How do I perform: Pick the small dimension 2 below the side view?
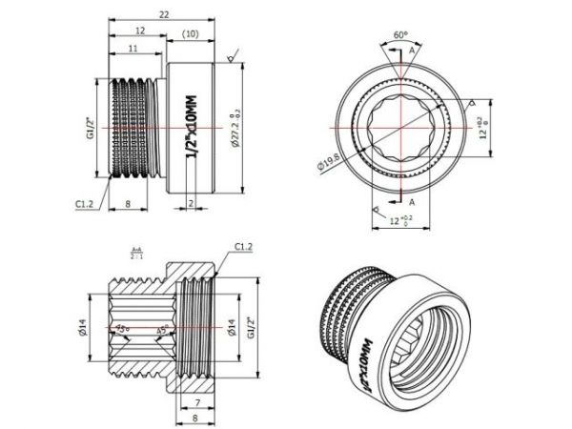192,203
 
